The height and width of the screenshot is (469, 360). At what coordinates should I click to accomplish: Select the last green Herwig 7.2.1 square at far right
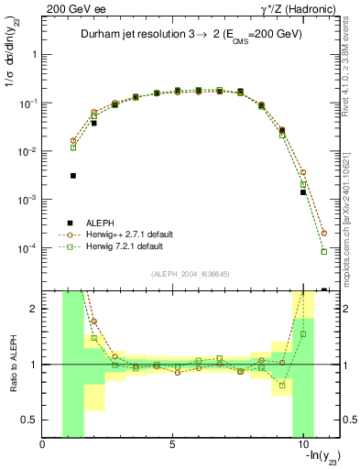[324, 251]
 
